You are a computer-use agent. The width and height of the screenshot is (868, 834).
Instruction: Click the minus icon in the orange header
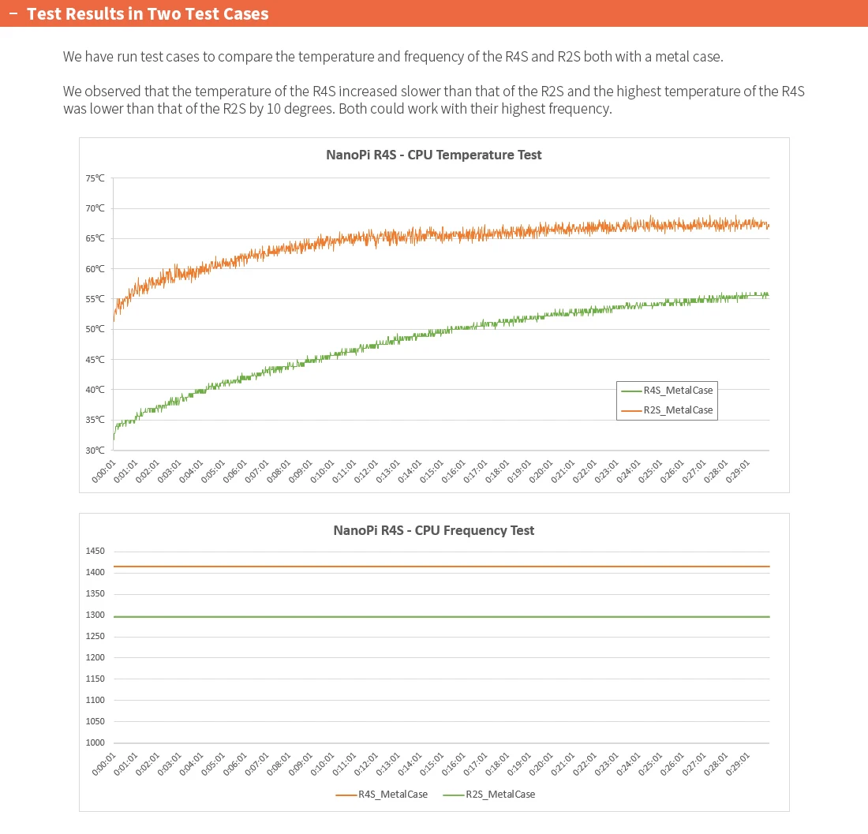(13, 14)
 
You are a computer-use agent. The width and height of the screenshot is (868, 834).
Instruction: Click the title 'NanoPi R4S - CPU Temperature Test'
(433, 155)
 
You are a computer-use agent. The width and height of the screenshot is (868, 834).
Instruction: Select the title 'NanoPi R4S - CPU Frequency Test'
(433, 530)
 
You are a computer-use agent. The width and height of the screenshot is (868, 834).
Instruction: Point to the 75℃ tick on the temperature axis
(95, 178)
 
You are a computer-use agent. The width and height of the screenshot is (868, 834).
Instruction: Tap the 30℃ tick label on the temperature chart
(95, 451)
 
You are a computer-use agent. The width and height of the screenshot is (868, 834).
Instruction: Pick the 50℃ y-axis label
(95, 329)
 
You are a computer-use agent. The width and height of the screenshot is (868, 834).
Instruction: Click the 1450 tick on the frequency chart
(95, 552)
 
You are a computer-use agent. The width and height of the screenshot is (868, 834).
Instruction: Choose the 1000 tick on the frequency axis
(95, 742)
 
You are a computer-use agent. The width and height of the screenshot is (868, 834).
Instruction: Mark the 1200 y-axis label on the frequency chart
(95, 657)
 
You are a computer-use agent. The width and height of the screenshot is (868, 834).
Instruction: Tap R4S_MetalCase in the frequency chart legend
(392, 795)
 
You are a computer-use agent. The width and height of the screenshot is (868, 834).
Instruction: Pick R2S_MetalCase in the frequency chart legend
(500, 795)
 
